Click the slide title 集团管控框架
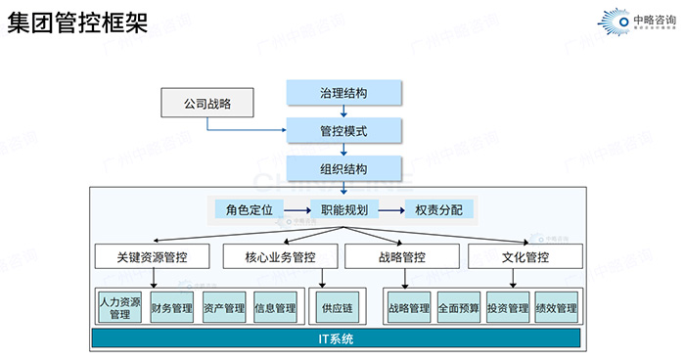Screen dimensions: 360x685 tap(77, 22)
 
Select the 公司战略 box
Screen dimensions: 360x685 tap(206, 101)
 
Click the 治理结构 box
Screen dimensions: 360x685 tap(343, 93)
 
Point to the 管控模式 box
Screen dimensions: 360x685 tap(343, 130)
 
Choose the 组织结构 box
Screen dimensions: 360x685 tap(343, 168)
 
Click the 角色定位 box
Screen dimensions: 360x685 tap(249, 209)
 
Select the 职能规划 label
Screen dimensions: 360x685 tap(343, 209)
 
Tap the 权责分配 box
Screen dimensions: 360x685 tap(438, 209)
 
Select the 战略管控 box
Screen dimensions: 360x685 tap(400, 257)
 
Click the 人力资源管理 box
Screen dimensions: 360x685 tap(119, 308)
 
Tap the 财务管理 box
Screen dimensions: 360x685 tap(171, 308)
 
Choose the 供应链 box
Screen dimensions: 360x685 tap(336, 308)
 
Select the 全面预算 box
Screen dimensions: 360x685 tap(458, 308)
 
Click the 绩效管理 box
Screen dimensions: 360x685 tap(556, 308)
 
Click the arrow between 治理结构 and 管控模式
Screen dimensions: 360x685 tap(343, 112)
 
